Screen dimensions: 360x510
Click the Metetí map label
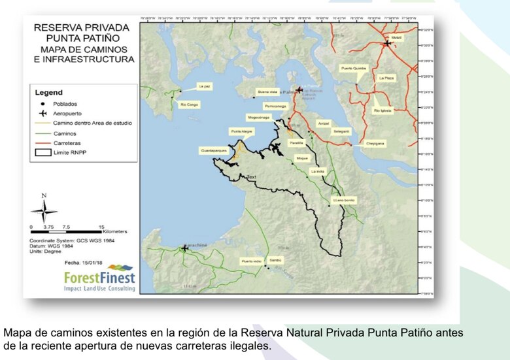point(397,38)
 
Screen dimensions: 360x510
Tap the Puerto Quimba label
point(353,68)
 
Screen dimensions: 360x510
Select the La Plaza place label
point(386,78)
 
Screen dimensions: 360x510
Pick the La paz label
point(205,86)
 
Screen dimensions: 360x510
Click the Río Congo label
point(189,105)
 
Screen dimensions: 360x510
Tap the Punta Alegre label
point(241,131)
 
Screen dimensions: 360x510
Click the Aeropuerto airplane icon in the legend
point(42,112)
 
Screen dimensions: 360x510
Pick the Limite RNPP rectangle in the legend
point(42,151)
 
